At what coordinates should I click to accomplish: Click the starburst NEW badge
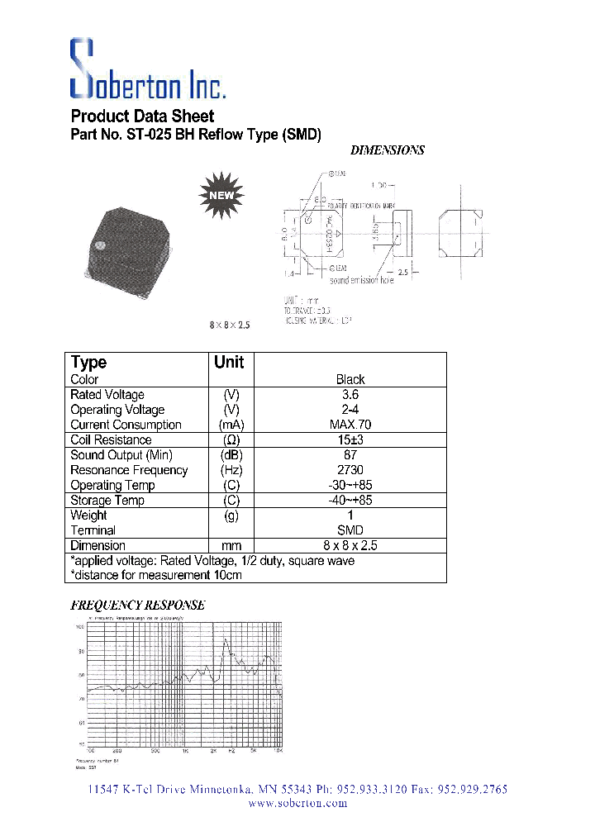pyautogui.click(x=221, y=195)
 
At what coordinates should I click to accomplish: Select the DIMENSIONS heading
pyautogui.click(x=388, y=150)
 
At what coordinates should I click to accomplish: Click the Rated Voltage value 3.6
pyautogui.click(x=350, y=395)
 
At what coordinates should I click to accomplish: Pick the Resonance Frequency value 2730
pyautogui.click(x=350, y=470)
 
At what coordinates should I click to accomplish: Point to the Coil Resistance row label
pyautogui.click(x=111, y=440)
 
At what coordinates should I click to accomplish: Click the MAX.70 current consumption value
pyautogui.click(x=350, y=425)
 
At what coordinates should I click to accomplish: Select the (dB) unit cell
pyautogui.click(x=231, y=455)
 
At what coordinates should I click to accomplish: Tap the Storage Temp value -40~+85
pyautogui.click(x=350, y=500)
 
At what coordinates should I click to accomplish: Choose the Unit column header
pyautogui.click(x=229, y=362)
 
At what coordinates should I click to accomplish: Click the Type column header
pyautogui.click(x=88, y=362)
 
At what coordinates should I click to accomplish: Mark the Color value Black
pyautogui.click(x=350, y=380)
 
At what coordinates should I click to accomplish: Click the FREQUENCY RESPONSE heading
pyautogui.click(x=137, y=605)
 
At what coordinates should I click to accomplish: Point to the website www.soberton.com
pyautogui.click(x=297, y=803)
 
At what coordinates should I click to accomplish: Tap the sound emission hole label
pyautogui.click(x=362, y=280)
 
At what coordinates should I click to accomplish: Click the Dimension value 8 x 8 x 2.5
pyautogui.click(x=350, y=545)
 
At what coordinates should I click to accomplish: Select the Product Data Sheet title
pyautogui.click(x=142, y=116)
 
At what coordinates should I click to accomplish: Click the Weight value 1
pyautogui.click(x=350, y=515)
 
